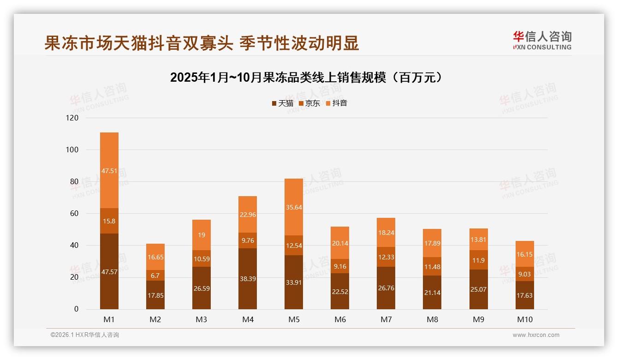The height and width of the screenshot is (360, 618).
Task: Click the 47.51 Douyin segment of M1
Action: tap(109, 170)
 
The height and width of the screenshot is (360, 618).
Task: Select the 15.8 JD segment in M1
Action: tap(109, 221)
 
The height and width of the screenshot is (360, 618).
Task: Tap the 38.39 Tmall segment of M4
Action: tap(248, 279)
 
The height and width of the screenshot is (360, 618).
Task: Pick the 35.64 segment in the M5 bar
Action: tap(294, 207)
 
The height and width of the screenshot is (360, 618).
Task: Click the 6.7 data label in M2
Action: tap(155, 276)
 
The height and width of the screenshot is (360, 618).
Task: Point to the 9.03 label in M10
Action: tap(524, 274)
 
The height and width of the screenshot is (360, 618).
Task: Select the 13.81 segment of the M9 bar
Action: tap(478, 240)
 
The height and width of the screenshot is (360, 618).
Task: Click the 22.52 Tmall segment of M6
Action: tap(340, 291)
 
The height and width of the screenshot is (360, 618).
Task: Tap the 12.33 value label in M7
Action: tap(386, 257)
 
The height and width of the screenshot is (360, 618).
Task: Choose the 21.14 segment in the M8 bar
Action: tap(432, 292)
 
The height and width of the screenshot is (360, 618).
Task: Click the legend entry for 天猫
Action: tap(282, 103)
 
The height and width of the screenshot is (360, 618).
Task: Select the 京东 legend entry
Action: tap(309, 103)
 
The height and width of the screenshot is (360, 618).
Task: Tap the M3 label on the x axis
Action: tap(202, 319)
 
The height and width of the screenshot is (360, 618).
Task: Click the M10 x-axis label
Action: tap(524, 319)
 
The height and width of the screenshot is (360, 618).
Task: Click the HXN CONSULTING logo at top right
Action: tap(542, 40)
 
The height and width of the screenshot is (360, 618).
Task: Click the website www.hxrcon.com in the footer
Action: tap(536, 335)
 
